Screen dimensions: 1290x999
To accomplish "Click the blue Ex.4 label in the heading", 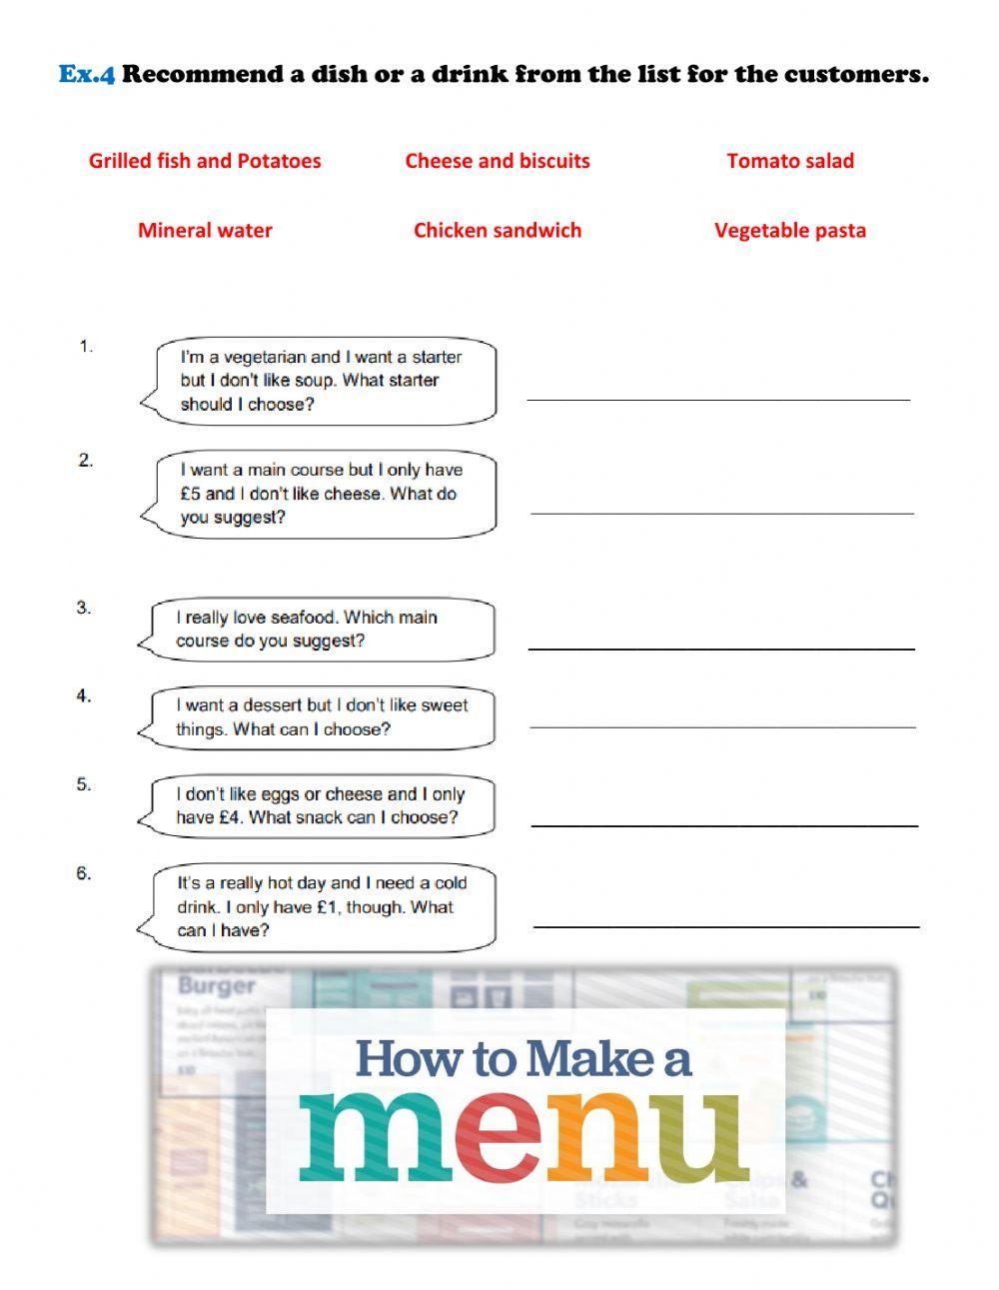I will click(x=87, y=74).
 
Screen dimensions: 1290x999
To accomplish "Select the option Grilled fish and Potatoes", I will click(x=205, y=161).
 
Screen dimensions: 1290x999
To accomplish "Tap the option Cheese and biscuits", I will click(x=497, y=161).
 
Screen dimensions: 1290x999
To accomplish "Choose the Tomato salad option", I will click(x=789, y=161).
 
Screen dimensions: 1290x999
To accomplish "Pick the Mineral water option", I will click(x=205, y=231).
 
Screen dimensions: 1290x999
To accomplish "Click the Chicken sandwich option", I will click(x=497, y=231).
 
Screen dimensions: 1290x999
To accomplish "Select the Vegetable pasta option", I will click(x=789, y=231).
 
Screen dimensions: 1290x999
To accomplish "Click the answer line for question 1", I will click(x=718, y=397).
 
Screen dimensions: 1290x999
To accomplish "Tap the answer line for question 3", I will click(x=720, y=647).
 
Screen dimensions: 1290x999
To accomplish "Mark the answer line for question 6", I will click(x=726, y=925).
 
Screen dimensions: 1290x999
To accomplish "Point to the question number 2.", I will click(x=86, y=461).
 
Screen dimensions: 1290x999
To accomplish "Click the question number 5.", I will click(x=84, y=785).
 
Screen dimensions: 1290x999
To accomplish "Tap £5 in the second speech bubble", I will click(x=190, y=494).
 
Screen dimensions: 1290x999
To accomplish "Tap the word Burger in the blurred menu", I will click(x=217, y=985).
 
